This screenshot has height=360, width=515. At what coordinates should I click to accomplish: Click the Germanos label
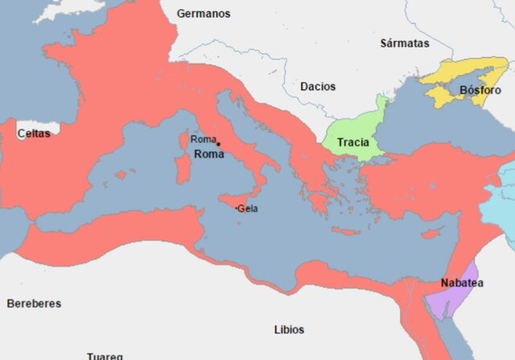[204, 14]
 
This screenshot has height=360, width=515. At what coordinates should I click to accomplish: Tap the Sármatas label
[405, 43]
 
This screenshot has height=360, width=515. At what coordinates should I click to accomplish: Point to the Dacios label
[317, 86]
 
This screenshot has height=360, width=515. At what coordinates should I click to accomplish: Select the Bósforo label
[480, 89]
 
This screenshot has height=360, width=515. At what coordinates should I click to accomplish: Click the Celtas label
[33, 134]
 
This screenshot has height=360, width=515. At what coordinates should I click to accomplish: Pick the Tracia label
[353, 143]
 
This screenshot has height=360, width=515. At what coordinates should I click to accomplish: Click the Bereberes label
[34, 304]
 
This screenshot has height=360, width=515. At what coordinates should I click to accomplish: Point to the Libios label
[289, 329]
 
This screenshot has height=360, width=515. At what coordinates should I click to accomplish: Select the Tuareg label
[105, 355]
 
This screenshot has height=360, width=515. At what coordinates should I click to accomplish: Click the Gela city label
[248, 208]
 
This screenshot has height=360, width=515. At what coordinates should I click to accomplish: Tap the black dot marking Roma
[218, 145]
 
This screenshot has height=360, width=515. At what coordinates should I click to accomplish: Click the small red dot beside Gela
[237, 209]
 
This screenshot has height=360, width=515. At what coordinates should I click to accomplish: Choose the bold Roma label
[210, 154]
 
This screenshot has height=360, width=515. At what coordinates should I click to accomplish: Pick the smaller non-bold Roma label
[203, 140]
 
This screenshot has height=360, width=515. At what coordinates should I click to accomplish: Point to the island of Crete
[346, 231]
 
